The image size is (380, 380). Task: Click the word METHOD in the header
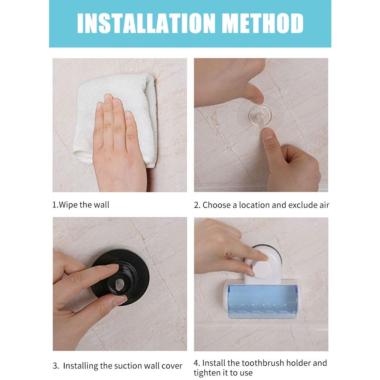(x=263, y=23)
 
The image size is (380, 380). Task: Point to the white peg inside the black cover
(x=119, y=285)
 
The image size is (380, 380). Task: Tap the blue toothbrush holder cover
(x=263, y=301)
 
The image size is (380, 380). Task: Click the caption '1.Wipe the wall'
(x=81, y=205)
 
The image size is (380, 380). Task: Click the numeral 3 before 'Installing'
(x=55, y=366)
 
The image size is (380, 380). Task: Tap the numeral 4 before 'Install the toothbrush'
(x=196, y=363)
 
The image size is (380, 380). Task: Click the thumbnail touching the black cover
(x=120, y=301)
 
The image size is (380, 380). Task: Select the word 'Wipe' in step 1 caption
(x=68, y=205)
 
